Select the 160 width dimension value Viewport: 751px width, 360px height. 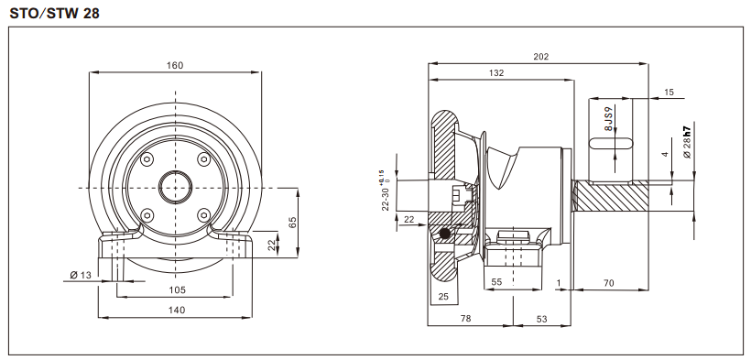pos(175,65)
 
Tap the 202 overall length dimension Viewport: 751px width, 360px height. pos(540,57)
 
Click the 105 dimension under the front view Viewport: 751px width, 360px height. pos(177,289)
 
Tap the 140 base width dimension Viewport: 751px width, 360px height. pos(177,311)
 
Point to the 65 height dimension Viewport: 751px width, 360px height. pos(292,223)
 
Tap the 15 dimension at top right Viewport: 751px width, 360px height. pos(668,93)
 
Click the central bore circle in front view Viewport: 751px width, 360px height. pos(174,187)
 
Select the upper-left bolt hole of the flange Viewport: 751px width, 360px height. pos(146,159)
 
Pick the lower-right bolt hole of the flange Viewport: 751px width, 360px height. pos(202,215)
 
